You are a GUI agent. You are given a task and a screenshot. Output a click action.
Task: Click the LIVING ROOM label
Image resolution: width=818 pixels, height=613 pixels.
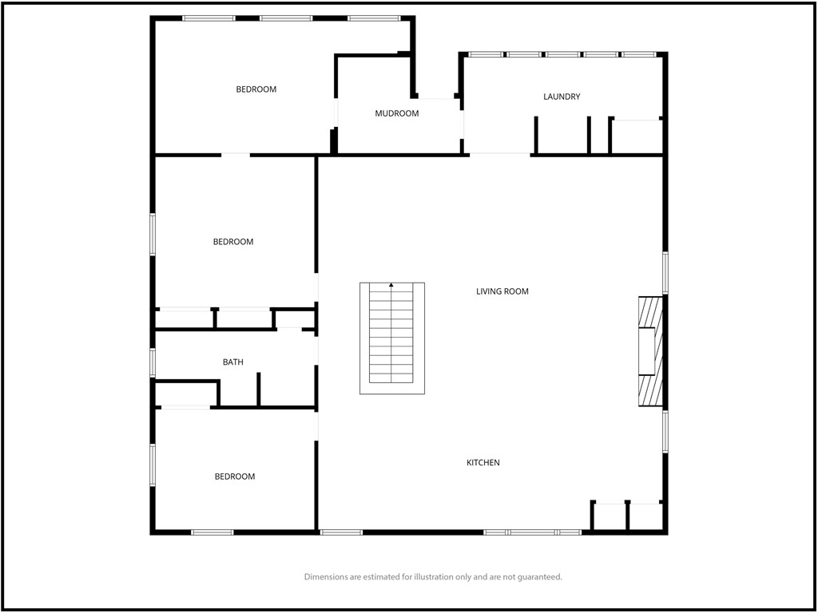[502, 291]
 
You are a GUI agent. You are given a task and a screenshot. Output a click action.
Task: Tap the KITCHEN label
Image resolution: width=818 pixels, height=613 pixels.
[483, 463]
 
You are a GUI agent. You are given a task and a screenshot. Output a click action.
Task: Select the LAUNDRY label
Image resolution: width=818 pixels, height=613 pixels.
[562, 97]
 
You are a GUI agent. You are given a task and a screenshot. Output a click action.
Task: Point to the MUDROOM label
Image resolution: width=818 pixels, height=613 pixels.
[397, 113]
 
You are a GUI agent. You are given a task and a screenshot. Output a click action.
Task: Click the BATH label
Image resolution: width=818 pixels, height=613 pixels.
[233, 362]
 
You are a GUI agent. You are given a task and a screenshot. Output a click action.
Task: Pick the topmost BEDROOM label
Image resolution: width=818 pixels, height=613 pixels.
[256, 89]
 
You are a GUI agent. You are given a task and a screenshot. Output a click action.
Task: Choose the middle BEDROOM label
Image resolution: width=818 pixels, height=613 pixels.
[233, 242]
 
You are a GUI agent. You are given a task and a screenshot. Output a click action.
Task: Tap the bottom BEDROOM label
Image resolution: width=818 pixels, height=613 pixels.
[235, 477]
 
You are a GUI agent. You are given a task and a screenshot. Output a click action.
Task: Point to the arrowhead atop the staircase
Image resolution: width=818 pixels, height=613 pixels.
[391, 285]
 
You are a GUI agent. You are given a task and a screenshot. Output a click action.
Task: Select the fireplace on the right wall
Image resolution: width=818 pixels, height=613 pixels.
[650, 352]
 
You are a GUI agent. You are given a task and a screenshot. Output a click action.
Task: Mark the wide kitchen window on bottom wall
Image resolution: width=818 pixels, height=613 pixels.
[533, 532]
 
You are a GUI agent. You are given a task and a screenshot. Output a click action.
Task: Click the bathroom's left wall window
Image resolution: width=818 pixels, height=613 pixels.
[153, 362]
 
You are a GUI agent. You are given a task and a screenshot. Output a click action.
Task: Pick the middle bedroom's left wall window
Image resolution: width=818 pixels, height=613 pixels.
[153, 235]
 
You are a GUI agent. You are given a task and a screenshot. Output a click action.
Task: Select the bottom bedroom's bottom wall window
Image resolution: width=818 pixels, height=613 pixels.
[212, 532]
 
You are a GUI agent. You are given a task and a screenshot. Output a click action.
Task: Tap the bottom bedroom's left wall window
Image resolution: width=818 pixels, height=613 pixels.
[153, 465]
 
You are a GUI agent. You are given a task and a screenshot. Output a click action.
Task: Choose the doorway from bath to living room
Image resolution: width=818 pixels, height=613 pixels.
[317, 349]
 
